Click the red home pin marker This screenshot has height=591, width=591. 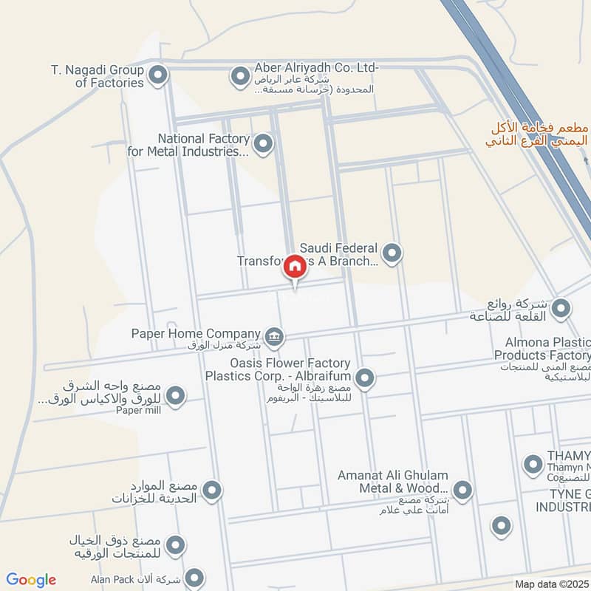294,267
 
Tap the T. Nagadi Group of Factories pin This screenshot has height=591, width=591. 157,75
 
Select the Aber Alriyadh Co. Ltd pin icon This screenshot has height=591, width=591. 239,75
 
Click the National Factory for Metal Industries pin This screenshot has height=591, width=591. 262,143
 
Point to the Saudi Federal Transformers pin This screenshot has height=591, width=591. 392,253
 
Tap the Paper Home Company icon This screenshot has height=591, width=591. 274,337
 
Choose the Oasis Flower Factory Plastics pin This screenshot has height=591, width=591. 364,379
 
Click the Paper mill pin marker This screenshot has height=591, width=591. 175,396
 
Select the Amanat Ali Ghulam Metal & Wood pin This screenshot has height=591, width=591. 462,489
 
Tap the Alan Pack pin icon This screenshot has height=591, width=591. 194,578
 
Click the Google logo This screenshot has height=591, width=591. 31,580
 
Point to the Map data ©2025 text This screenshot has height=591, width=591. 550,584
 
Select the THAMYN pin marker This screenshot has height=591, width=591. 533,464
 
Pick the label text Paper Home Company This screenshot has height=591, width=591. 196,334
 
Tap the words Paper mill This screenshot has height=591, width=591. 138,411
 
